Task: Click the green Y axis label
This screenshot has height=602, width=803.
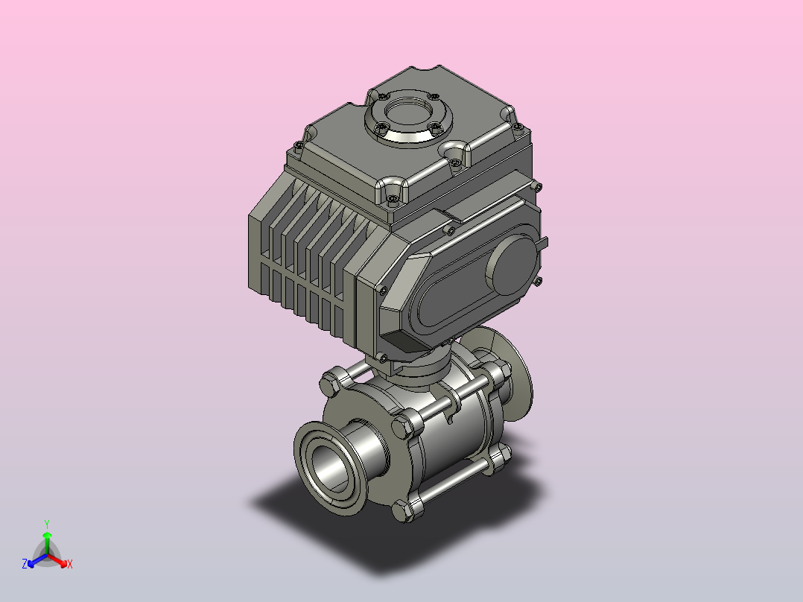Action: pos(47,524)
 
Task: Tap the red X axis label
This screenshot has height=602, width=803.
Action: pos(70,564)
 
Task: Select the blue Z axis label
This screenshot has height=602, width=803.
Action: pos(25,564)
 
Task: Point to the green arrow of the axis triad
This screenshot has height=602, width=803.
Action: pos(47,542)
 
